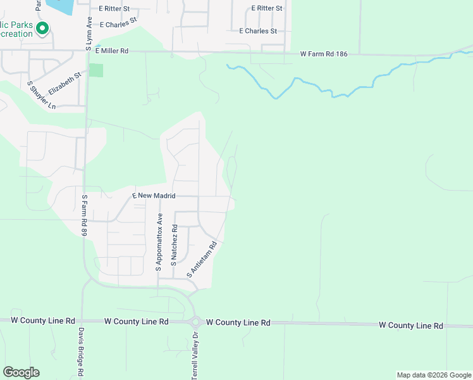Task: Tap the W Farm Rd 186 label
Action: (x=325, y=54)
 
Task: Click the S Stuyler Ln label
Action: (x=42, y=95)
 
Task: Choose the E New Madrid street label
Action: (x=153, y=196)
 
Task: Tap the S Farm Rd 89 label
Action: (x=83, y=215)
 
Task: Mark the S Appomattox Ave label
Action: (x=159, y=246)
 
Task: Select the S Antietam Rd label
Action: (x=202, y=260)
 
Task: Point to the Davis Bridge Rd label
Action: (x=82, y=353)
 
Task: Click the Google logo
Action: (x=21, y=372)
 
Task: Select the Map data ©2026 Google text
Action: (x=434, y=375)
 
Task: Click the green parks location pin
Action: (x=43, y=28)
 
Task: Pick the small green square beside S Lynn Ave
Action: (x=95, y=70)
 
